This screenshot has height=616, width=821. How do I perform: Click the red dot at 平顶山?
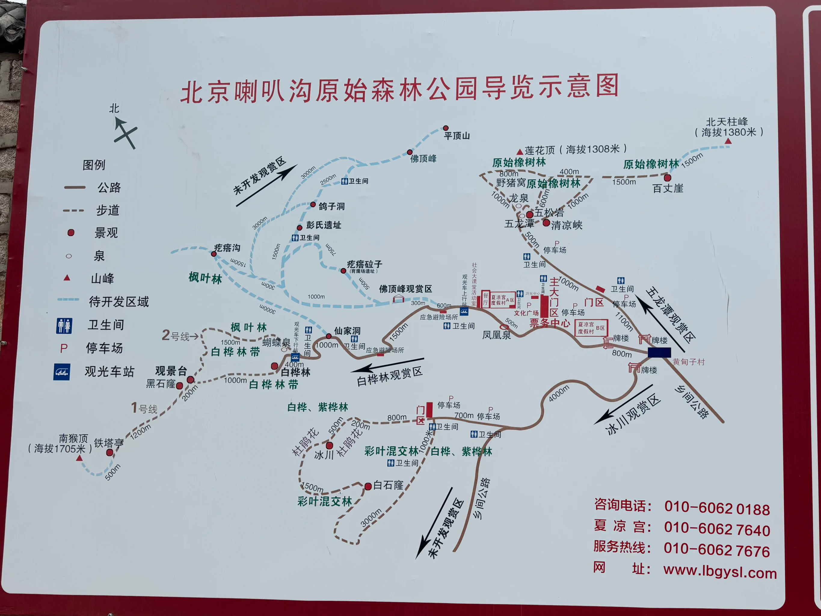[x=446, y=128]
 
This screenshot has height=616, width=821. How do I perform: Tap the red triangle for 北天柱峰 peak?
[x=728, y=141]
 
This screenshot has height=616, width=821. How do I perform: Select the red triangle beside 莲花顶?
[x=520, y=152]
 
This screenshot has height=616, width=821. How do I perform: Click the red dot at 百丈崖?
[x=667, y=178]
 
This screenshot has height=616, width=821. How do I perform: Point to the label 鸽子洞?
[x=331, y=206]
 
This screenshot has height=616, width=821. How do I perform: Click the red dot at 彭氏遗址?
[x=300, y=228]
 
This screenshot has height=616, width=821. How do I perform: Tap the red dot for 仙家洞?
[x=328, y=336]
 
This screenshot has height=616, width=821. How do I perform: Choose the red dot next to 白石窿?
[x=368, y=486]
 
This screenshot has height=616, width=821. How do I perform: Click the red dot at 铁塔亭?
[x=109, y=452]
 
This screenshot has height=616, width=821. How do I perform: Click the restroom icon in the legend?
[x=64, y=326]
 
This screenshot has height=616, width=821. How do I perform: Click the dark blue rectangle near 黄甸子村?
[x=659, y=353]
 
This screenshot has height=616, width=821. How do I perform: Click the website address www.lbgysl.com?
[x=720, y=572]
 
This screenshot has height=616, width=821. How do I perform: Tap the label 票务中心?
[x=549, y=323]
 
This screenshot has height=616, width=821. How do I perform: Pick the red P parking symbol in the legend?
[x=64, y=348]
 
